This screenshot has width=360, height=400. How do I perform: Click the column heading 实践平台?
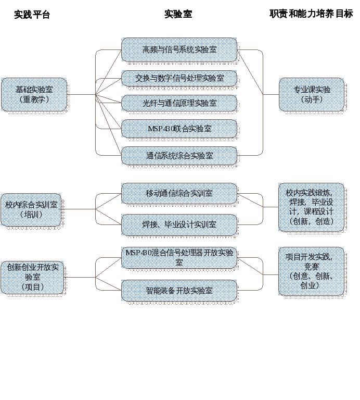click(x=32, y=15)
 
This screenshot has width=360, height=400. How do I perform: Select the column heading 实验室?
click(x=178, y=14)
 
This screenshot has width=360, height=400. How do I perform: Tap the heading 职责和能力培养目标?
click(x=311, y=14)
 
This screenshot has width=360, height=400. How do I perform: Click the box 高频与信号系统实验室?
click(x=179, y=49)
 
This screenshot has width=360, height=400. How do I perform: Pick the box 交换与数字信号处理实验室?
click(x=179, y=78)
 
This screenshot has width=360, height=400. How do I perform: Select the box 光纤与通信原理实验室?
click(x=179, y=103)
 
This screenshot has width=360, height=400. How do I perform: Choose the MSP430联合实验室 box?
click(x=179, y=129)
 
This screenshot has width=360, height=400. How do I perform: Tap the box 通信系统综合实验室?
click(x=179, y=156)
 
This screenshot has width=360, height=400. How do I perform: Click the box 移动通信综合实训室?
click(x=179, y=193)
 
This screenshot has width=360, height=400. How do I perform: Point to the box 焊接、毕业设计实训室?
click(x=179, y=224)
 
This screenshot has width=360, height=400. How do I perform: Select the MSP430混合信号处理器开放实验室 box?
click(x=179, y=257)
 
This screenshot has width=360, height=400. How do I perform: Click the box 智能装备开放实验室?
click(x=179, y=291)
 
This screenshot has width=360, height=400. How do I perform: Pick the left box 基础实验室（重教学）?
click(x=34, y=94)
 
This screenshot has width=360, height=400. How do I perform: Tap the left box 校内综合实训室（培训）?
click(x=31, y=209)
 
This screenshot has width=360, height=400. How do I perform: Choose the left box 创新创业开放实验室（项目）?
click(x=32, y=277)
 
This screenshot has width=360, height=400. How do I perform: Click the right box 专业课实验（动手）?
click(x=311, y=94)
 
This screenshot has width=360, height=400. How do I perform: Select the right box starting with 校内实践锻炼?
click(x=311, y=207)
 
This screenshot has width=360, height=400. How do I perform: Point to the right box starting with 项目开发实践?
click(x=311, y=271)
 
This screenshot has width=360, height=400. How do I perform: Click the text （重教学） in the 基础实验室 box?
click(x=34, y=99)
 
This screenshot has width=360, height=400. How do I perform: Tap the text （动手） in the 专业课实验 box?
click(x=311, y=99)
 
